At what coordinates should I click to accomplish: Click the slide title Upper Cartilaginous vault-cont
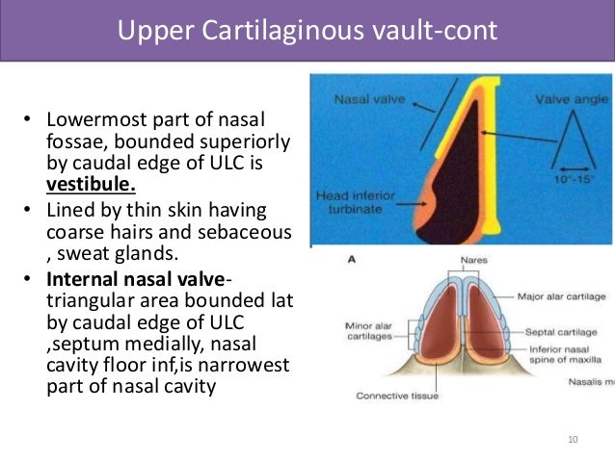307,32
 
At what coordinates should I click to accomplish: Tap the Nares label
446,260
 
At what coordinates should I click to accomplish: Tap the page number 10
574,440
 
